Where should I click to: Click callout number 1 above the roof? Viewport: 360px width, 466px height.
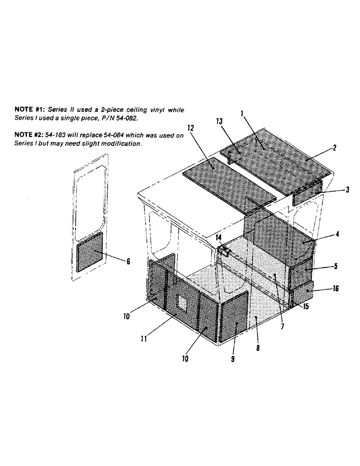[242, 113]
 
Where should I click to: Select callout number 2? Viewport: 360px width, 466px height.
[334, 148]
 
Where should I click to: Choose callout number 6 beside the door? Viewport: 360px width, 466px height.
[128, 262]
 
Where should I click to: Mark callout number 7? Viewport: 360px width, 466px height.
[283, 327]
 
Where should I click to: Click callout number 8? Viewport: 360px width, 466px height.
[258, 347]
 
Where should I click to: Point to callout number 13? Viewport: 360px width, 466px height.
[220, 122]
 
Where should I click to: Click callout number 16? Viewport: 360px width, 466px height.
[335, 289]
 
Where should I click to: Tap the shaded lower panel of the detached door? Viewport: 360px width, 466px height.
[90, 253]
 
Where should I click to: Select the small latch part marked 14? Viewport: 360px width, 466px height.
[225, 252]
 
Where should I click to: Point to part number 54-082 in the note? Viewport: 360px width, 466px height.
[124, 118]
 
